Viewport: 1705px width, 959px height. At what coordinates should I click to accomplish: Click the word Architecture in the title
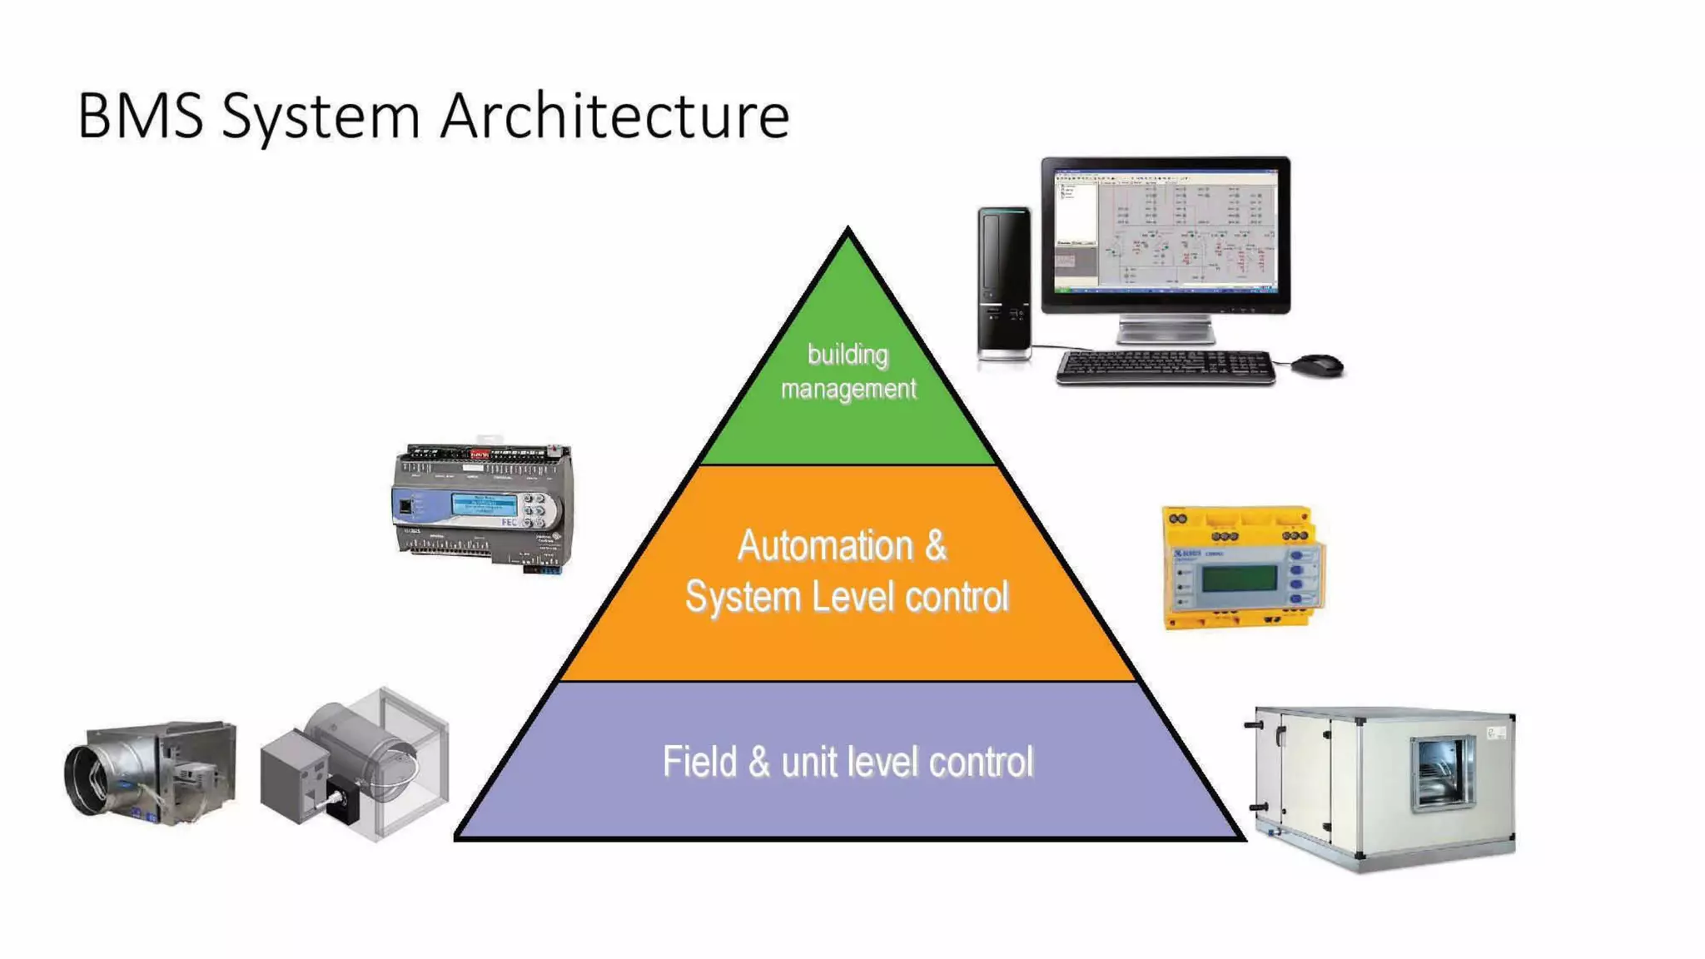[614, 116]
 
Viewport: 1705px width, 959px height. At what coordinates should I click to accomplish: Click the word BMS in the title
[140, 116]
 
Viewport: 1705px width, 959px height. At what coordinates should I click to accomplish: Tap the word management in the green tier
[848, 389]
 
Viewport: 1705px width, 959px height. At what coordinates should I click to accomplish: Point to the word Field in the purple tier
[696, 761]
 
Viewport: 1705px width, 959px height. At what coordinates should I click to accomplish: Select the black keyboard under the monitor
[1166, 367]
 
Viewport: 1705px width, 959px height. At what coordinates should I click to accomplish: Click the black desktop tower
[1004, 283]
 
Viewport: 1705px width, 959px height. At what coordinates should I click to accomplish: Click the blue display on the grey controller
[484, 504]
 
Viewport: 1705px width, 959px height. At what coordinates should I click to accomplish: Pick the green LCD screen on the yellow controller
[1239, 578]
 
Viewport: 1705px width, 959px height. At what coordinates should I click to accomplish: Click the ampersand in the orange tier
[935, 546]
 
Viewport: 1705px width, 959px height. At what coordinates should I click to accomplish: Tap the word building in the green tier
[848, 355]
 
